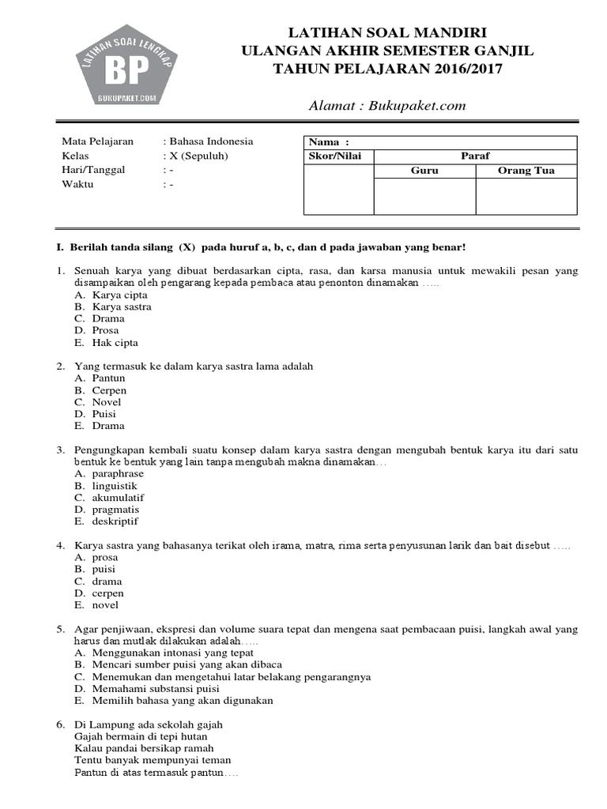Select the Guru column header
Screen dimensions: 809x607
click(424, 171)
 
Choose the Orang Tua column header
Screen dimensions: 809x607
click(526, 171)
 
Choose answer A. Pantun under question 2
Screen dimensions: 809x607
click(100, 378)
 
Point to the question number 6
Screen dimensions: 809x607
click(60, 724)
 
